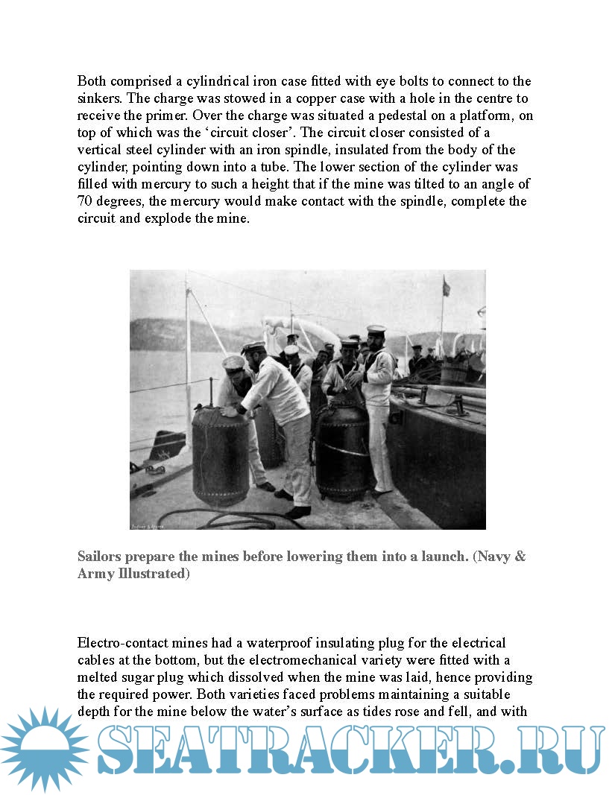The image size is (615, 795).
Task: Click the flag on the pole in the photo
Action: coord(447,285)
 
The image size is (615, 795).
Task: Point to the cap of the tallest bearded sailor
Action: coord(376,329)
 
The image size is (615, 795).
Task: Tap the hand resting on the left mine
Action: coord(229,411)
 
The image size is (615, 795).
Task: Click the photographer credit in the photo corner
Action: coord(147,525)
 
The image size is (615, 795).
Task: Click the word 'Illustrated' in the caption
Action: coord(148,574)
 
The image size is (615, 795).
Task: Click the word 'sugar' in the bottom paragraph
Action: coord(155,677)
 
